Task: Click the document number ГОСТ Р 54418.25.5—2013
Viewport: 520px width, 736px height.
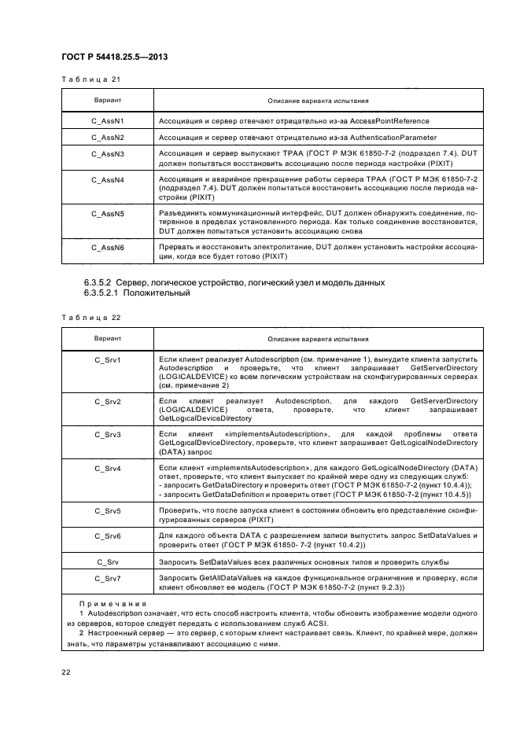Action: pyautogui.click(x=114, y=57)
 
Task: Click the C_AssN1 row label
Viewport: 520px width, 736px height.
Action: pyautogui.click(x=108, y=121)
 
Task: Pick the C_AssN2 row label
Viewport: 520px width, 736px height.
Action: pyautogui.click(x=108, y=138)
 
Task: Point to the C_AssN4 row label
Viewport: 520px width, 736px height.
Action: pyautogui.click(x=108, y=180)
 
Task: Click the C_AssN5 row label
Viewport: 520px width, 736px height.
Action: pyautogui.click(x=108, y=212)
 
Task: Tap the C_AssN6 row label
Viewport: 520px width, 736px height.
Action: pyautogui.click(x=108, y=246)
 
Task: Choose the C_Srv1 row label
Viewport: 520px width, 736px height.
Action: pyautogui.click(x=107, y=359)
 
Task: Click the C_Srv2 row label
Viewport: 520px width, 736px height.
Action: pyautogui.click(x=107, y=401)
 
